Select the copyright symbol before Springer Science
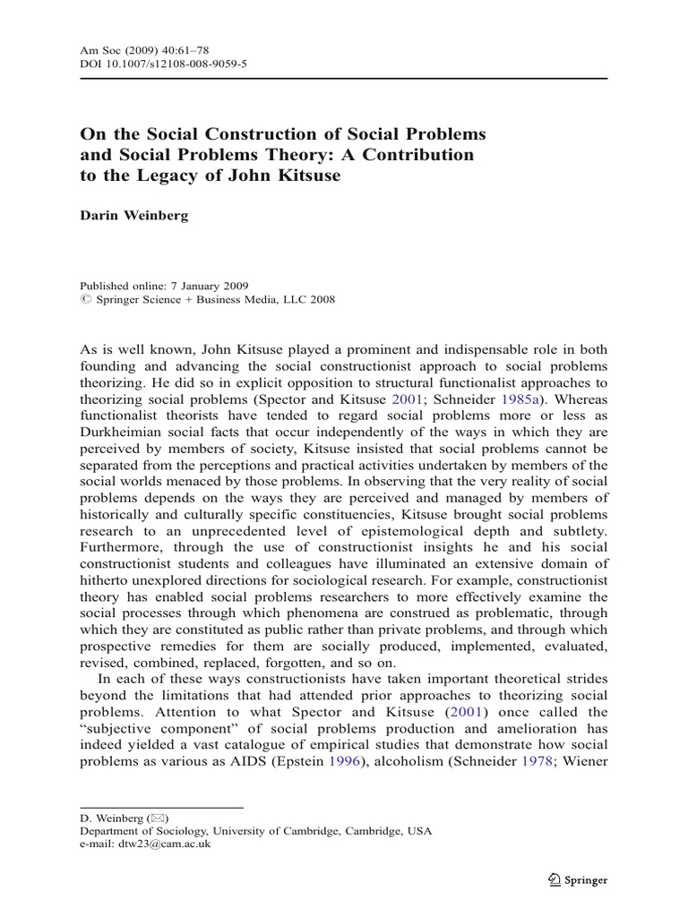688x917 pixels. pyautogui.click(x=85, y=300)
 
